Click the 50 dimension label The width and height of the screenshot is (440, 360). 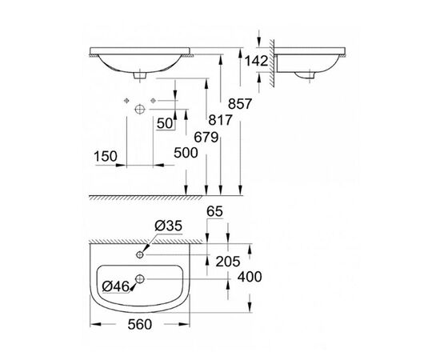tap(166, 122)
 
